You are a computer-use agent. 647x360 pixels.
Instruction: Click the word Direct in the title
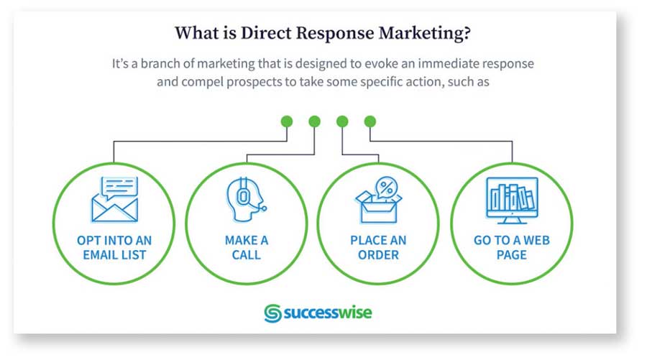pos(266,33)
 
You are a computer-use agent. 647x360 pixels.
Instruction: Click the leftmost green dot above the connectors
pos(287,121)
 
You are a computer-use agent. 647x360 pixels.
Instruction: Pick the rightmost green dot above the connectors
pos(370,121)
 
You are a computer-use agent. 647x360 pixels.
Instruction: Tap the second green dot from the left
pos(314,121)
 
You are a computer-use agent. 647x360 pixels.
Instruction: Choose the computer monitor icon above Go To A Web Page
pos(512,200)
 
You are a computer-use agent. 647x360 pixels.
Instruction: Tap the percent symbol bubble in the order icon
pos(387,188)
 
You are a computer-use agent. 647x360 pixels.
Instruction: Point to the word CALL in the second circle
pos(247,255)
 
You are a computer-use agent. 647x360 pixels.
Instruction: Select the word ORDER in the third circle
pos(378,255)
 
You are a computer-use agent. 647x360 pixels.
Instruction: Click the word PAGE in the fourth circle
pos(512,255)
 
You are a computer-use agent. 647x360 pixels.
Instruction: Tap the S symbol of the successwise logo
pos(272,313)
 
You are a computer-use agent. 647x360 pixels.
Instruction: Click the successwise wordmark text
pos(328,313)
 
